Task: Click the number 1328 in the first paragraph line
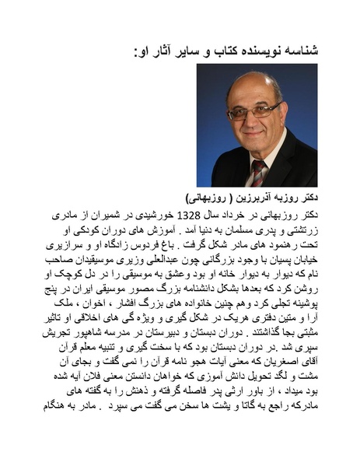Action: pyautogui.click(x=190, y=212)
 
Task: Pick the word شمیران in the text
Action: pyautogui.click(x=107, y=212)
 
